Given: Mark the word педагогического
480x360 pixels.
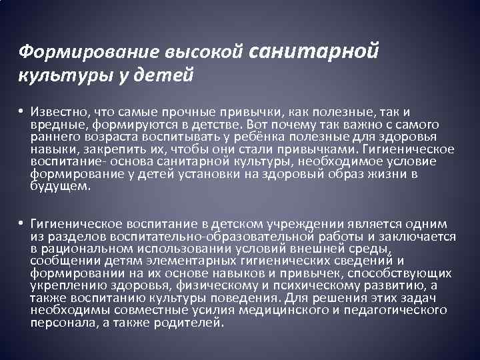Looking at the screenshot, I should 397,311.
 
